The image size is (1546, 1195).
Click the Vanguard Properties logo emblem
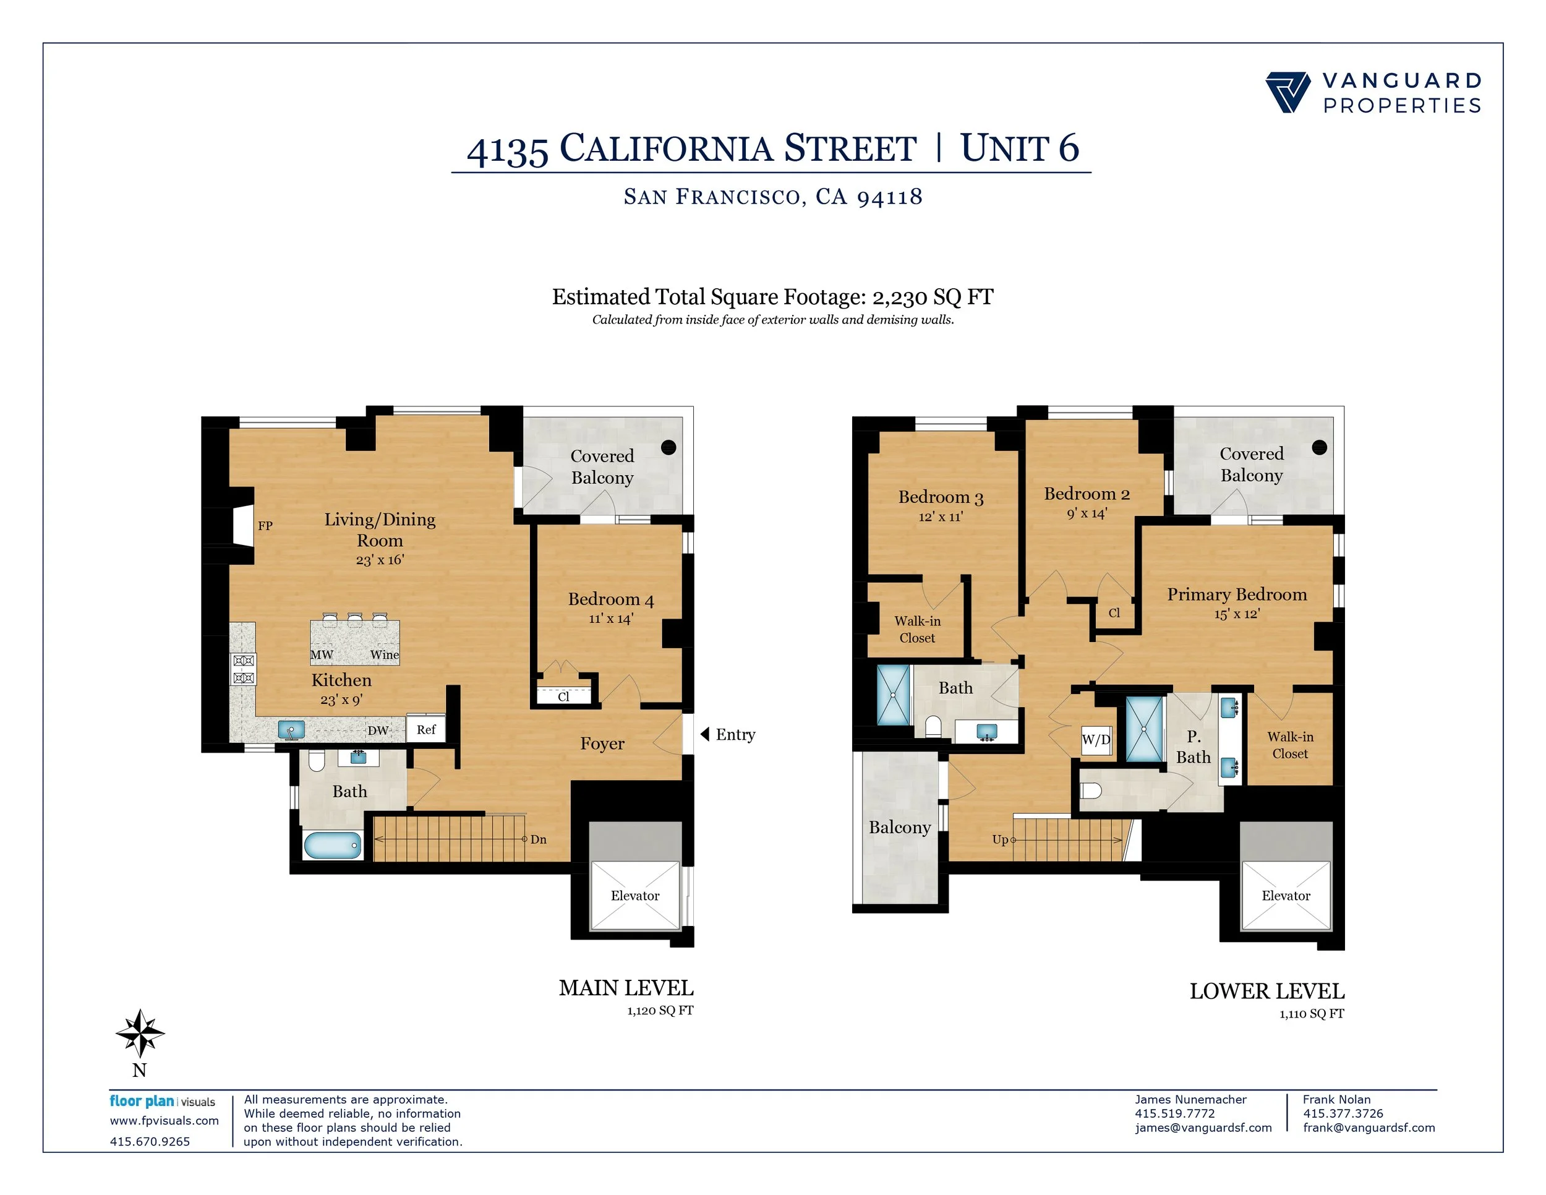(x=1288, y=92)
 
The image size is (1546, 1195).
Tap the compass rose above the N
(x=140, y=1033)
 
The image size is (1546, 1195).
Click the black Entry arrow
(x=705, y=734)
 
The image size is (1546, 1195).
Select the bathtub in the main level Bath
(x=332, y=844)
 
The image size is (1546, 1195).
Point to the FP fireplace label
(x=265, y=526)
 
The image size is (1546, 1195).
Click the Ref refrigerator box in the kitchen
(x=426, y=729)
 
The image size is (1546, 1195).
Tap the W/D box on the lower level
(x=1096, y=740)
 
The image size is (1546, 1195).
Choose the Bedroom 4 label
(x=611, y=599)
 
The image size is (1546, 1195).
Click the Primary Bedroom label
(x=1237, y=594)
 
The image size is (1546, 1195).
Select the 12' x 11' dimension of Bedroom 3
(x=941, y=517)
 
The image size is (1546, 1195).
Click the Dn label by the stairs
(x=539, y=839)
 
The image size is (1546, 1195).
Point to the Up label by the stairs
(x=999, y=839)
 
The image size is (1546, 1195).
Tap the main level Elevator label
(x=635, y=896)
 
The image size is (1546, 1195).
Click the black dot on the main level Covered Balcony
(x=668, y=447)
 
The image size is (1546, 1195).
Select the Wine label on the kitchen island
(x=385, y=655)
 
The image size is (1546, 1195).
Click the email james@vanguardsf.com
(x=1203, y=1128)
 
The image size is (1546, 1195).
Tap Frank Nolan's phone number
(x=1343, y=1113)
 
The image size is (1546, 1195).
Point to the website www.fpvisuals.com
(x=164, y=1121)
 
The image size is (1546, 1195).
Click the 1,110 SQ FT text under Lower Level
(x=1311, y=1014)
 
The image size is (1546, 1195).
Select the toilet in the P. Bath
(x=1091, y=790)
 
